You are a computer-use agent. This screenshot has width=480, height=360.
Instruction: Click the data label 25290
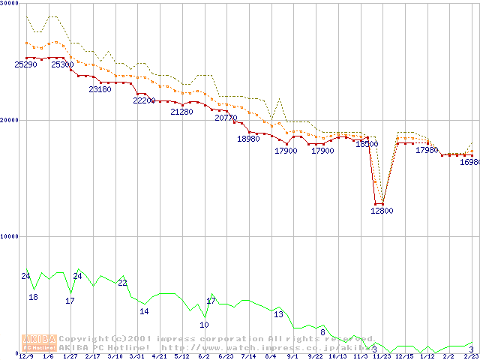26,64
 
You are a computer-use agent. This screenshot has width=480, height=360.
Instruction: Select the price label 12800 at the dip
382,211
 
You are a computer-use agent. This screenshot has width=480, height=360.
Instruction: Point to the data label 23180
100,89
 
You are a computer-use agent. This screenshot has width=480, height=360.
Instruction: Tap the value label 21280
181,112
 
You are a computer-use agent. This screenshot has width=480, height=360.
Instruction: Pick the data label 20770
226,118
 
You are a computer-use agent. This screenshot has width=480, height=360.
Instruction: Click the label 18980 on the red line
248,139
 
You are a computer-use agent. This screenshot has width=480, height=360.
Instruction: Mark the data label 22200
144,100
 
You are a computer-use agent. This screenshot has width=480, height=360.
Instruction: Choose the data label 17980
427,150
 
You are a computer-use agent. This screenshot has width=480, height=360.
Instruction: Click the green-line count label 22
122,283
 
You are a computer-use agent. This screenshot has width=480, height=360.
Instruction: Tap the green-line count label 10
204,325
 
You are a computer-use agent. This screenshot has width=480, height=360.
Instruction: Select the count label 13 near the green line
278,314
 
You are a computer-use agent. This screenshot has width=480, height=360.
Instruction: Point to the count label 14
144,311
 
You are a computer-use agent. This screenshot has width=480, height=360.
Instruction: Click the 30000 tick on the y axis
9,4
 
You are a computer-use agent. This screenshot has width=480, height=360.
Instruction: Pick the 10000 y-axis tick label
9,236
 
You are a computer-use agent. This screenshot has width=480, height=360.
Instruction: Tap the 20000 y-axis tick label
9,120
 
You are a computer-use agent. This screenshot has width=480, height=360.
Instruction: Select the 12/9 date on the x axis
26,356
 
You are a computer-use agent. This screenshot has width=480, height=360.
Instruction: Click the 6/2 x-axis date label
203,356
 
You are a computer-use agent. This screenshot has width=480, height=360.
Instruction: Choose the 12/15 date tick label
404,356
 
